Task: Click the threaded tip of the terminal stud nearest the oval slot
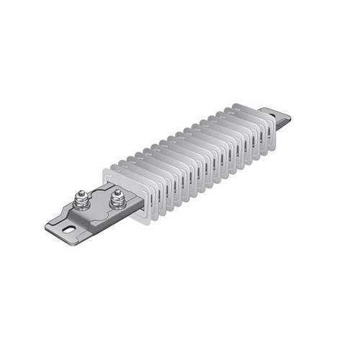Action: pos(81,192)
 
